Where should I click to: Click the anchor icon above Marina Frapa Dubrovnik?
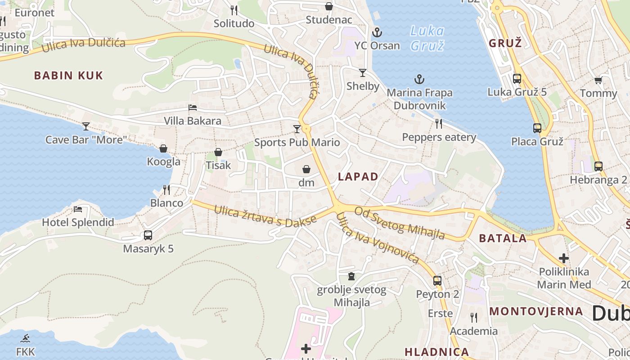click(419, 80)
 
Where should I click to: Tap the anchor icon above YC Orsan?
click(377, 32)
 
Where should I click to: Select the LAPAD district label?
click(358, 176)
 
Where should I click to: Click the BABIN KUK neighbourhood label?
click(68, 75)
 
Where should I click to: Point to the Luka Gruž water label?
click(427, 38)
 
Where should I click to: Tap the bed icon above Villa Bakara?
click(193, 108)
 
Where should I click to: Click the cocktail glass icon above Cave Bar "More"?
click(86, 126)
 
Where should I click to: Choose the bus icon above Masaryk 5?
click(148, 235)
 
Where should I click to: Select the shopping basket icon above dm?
click(306, 169)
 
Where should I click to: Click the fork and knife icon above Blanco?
click(166, 189)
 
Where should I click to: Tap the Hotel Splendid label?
click(78, 222)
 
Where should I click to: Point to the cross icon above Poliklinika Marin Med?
click(563, 258)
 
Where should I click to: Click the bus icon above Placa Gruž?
click(537, 128)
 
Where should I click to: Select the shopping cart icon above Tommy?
click(598, 80)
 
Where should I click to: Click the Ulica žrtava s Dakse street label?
click(265, 216)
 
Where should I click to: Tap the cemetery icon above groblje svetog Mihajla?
click(351, 276)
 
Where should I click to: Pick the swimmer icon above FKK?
click(25, 338)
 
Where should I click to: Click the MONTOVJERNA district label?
click(536, 311)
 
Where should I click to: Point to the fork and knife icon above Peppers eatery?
click(439, 123)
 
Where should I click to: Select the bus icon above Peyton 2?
click(437, 281)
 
